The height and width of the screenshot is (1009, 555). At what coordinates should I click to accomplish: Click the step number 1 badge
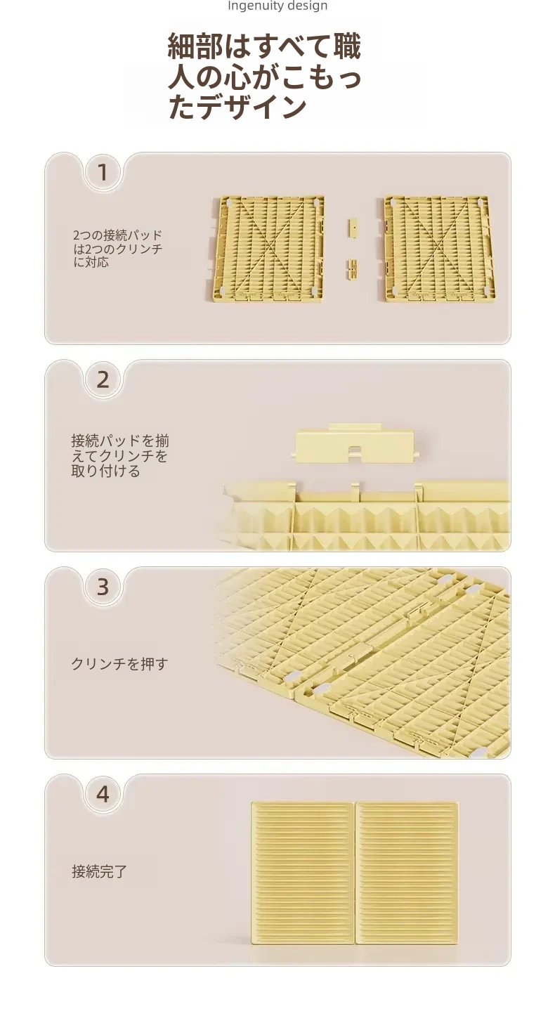(x=103, y=173)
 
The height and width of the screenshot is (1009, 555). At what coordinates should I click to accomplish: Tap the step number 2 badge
(x=103, y=379)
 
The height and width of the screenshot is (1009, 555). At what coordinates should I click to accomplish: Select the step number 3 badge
(x=103, y=587)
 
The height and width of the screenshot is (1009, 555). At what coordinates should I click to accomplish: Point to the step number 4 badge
(x=103, y=794)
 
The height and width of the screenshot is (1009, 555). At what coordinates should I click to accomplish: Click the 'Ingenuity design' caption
(x=277, y=6)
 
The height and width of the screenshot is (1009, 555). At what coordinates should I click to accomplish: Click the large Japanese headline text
(x=265, y=76)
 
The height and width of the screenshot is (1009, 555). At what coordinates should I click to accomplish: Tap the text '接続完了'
(x=100, y=871)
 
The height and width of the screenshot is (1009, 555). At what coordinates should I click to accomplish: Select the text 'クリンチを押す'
(x=119, y=663)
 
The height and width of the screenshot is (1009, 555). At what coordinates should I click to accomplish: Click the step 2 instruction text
(x=120, y=455)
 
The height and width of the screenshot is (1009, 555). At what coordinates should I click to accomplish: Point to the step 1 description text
(x=117, y=248)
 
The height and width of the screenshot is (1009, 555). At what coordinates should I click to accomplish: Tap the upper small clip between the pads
(x=353, y=227)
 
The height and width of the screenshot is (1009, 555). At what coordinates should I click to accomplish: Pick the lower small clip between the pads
(x=353, y=269)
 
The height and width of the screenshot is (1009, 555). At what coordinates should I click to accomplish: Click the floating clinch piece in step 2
(x=355, y=443)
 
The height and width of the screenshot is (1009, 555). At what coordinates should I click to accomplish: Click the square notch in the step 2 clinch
(x=355, y=450)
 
